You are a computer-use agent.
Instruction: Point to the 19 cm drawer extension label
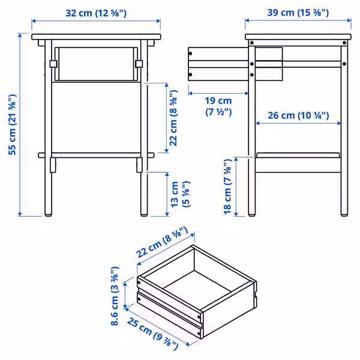point(218,106)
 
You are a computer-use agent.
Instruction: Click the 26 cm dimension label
point(298,115)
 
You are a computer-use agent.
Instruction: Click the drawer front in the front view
point(96,63)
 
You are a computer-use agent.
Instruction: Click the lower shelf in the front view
point(96,155)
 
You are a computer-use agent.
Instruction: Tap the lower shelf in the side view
point(298,155)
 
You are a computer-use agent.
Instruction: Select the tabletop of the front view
point(96,38)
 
